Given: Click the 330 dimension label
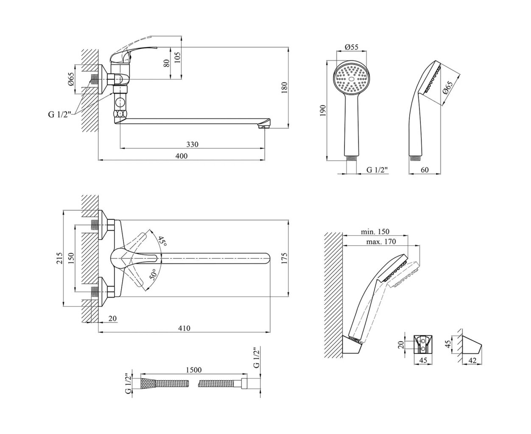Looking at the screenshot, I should point(192,145).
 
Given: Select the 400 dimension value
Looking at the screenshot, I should point(181,156).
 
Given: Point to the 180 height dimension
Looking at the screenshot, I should point(285,87).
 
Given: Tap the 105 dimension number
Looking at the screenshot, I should point(177,56).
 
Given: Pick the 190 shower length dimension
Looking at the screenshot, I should point(323,111).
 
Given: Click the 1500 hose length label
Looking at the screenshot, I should point(193,370).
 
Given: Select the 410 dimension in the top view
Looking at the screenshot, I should point(184,328).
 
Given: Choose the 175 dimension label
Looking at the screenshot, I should point(285,258).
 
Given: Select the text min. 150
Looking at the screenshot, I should point(375,232).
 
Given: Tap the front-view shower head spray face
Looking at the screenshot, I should point(351,78).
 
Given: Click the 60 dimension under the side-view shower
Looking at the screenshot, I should point(425,170).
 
